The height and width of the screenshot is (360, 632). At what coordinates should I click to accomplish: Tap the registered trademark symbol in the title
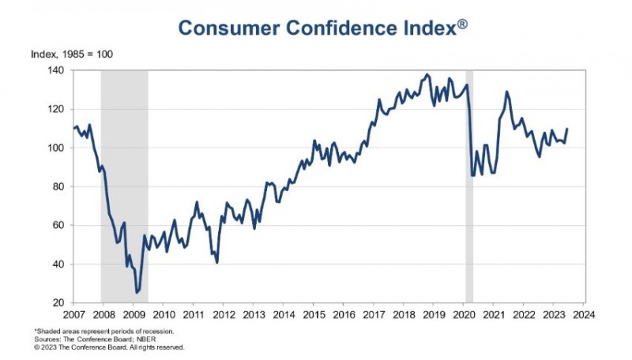pyautogui.click(x=463, y=24)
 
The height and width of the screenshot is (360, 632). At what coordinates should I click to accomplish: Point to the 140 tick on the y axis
pyautogui.click(x=56, y=70)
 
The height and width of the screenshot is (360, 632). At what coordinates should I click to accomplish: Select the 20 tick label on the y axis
pyautogui.click(x=58, y=303)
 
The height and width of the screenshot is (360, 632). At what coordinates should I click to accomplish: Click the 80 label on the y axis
pyautogui.click(x=58, y=186)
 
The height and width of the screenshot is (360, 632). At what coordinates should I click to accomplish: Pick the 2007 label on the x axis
pyautogui.click(x=74, y=314)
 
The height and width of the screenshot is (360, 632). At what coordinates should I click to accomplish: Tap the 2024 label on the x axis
pyautogui.click(x=584, y=314)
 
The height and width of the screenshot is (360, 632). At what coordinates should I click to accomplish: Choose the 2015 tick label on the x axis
pyautogui.click(x=314, y=314)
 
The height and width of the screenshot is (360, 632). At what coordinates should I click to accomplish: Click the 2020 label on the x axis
pyautogui.click(x=464, y=314)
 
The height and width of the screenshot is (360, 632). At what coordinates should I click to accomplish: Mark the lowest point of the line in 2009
pyautogui.click(x=137, y=292)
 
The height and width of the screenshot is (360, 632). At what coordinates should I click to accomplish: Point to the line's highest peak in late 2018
pyautogui.click(x=427, y=75)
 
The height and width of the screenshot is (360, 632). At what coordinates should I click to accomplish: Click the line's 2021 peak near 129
pyautogui.click(x=506, y=92)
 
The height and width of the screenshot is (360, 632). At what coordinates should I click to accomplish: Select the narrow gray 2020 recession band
pyautogui.click(x=469, y=186)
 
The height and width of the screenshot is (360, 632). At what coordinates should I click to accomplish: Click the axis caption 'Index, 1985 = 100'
pyautogui.click(x=72, y=54)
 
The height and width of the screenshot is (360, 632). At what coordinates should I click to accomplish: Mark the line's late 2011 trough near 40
pyautogui.click(x=216, y=262)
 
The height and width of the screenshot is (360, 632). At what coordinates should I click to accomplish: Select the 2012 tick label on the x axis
pyautogui.click(x=224, y=314)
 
